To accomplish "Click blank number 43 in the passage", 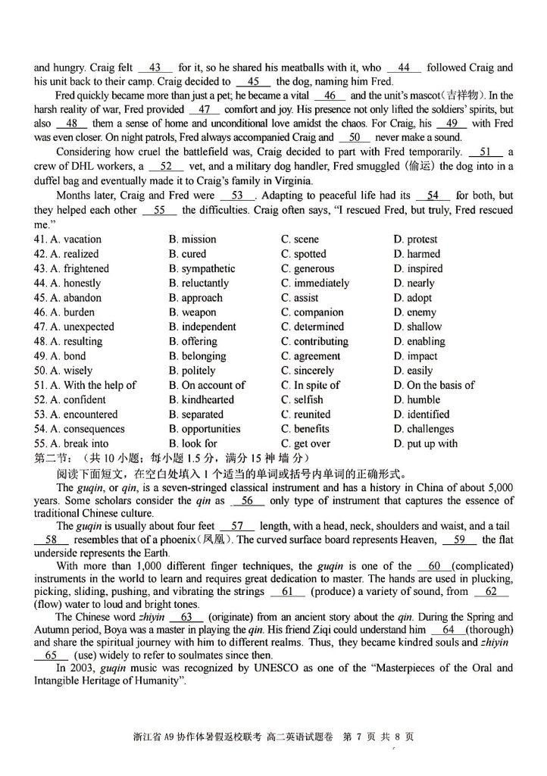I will coord(155,67).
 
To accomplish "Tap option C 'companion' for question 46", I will coord(311,312).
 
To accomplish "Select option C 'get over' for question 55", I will coord(305,443).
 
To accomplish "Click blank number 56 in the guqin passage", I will coord(247,501).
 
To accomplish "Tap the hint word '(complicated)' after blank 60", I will coord(482,566).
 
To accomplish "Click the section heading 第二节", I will coord(52,458).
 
